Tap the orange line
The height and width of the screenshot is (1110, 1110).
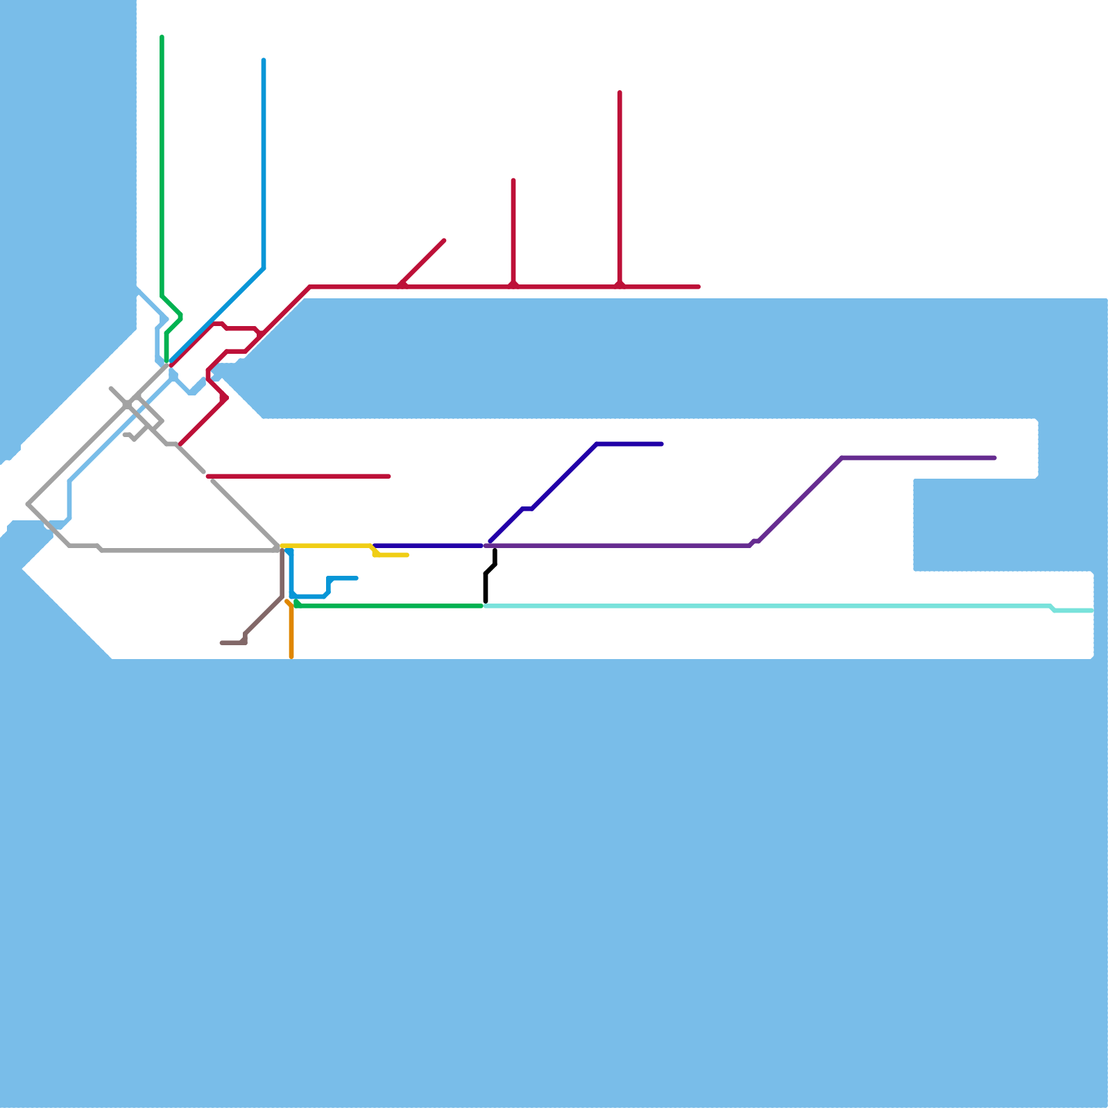coord(291,631)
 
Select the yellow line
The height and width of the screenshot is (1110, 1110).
coord(326,546)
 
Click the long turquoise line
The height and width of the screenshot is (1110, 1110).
coord(763,606)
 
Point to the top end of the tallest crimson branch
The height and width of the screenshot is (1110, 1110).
coord(620,92)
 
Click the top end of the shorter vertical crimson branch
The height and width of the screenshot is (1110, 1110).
coord(513,180)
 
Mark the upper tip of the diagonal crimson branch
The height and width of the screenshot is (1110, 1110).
coord(444,241)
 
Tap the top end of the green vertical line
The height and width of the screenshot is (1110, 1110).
coord(162,37)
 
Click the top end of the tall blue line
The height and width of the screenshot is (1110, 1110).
coord(264,60)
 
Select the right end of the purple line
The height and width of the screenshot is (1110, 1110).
coord(995,458)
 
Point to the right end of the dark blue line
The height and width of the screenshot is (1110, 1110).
coord(662,444)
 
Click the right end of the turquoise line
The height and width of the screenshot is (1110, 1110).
coord(1091,610)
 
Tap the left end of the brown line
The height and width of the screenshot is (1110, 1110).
coord(222,643)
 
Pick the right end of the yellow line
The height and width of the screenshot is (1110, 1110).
coord(407,555)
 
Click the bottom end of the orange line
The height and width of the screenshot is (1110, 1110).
coord(291,656)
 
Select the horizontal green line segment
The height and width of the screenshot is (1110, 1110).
coord(388,606)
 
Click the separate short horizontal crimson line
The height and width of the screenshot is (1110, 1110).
coord(298,477)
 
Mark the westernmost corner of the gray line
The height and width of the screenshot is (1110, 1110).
coord(28,504)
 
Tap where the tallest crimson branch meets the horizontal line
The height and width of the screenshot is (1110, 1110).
coord(620,286)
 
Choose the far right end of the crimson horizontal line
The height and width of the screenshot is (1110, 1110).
coord(699,287)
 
